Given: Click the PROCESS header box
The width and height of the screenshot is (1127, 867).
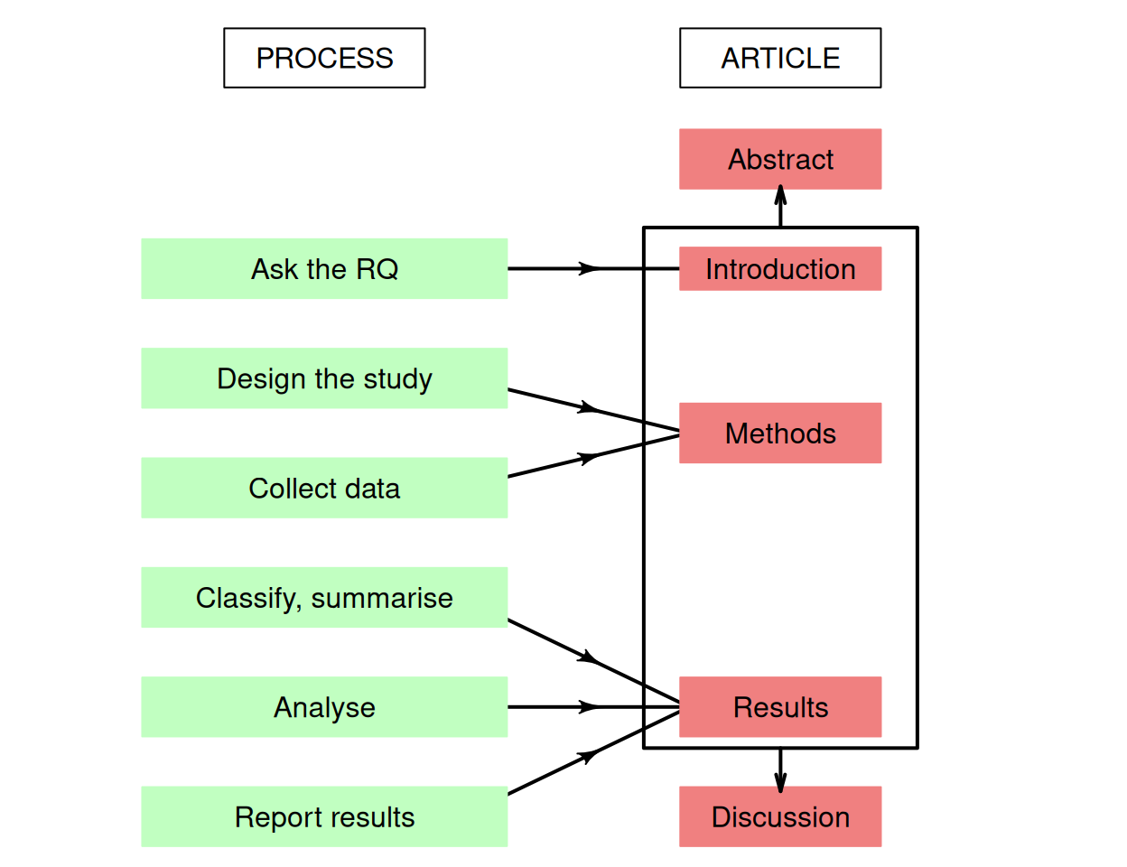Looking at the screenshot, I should pos(324,58).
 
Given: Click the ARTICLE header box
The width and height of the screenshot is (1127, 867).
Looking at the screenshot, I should pos(780,58).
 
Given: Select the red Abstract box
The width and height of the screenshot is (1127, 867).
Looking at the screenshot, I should pos(780,159).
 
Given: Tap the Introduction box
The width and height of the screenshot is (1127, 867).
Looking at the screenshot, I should pos(780,269).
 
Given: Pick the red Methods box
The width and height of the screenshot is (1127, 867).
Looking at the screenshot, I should pos(780,433).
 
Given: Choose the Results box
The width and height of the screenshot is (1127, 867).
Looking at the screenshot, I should pos(780,707).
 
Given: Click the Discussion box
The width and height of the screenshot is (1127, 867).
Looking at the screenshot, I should pos(780,816).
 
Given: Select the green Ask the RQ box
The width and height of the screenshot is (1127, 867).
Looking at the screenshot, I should pos(324,269).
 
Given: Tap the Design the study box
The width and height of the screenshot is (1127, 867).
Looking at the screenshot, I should pos(324,378).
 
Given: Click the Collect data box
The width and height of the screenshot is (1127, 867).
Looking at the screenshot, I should pos(324,488).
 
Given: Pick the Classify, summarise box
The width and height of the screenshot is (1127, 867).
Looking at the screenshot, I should pos(324,598).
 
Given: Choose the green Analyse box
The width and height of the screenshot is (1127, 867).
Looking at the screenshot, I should pos(324,707).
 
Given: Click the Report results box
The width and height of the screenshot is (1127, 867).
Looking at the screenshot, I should pos(324,816).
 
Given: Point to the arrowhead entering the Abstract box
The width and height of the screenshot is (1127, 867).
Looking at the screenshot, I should pos(780,196).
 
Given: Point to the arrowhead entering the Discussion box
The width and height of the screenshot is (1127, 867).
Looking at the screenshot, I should pos(780,781).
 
